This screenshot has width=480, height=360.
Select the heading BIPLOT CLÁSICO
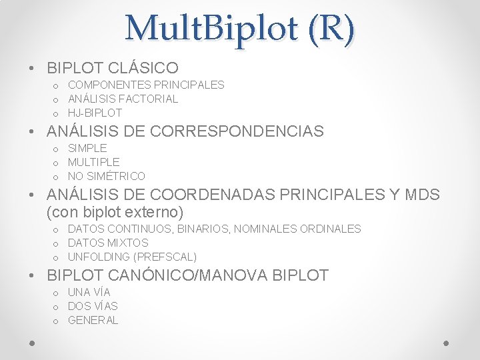point(113,68)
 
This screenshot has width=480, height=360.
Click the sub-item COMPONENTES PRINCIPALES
point(146,85)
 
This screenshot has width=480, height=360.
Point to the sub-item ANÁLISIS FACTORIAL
point(123,99)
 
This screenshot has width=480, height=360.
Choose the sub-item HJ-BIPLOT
point(95,113)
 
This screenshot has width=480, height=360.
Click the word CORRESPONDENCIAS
point(237,131)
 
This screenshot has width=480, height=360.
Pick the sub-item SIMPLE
point(87,148)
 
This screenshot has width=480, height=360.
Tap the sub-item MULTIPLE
point(94,162)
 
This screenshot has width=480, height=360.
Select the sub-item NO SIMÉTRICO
point(107,176)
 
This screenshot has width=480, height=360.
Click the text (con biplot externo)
point(115,213)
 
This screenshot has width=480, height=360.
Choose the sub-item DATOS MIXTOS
point(108,243)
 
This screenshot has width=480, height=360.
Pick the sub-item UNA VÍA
point(89,293)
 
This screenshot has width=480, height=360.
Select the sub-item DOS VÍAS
point(93,307)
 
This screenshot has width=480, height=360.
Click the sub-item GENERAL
point(93,321)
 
